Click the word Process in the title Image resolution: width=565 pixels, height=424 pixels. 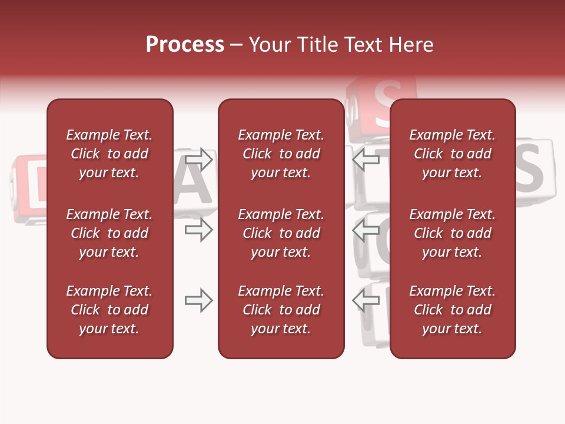tap(185, 45)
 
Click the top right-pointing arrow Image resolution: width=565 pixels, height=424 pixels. tap(198, 159)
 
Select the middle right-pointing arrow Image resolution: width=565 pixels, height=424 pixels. tap(198, 230)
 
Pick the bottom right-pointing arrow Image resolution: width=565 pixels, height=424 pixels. tap(198, 301)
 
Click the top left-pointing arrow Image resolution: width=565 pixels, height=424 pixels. tap(366, 159)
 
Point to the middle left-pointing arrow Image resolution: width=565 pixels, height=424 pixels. tap(366, 230)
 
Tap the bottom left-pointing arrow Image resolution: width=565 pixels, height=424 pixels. tap(366, 301)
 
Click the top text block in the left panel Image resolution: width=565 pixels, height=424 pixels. tap(109, 154)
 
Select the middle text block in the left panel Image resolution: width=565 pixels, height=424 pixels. tap(109, 233)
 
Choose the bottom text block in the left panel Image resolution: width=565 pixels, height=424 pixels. tap(109, 310)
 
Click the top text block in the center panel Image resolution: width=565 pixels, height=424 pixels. tap(281, 154)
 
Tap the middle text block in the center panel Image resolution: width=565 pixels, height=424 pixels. tap(281, 233)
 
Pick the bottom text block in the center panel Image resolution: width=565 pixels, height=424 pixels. tap(281, 310)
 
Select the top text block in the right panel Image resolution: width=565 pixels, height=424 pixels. tap(452, 154)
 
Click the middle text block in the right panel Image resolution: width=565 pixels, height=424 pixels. tap(452, 233)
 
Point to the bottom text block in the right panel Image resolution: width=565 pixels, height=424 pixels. tap(452, 310)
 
